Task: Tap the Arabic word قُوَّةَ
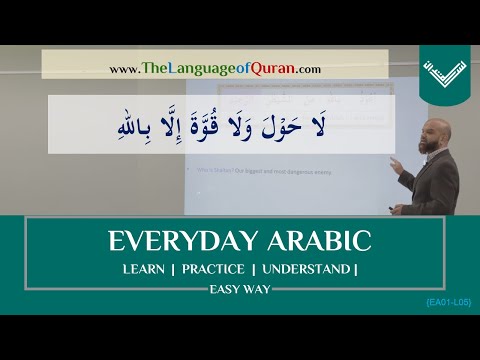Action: pos(244,125)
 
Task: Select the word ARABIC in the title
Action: pos(305,243)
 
